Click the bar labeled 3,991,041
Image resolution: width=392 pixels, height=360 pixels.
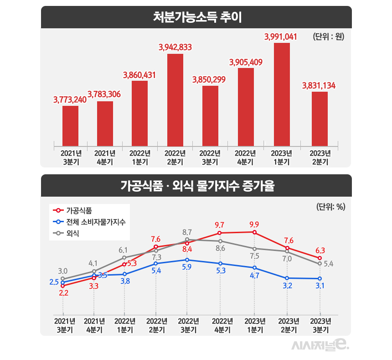pos(282,94)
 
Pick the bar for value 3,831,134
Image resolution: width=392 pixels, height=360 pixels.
pos(320,119)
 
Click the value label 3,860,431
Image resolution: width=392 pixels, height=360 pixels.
pos(140,74)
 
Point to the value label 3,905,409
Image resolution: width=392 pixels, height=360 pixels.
pos(246,62)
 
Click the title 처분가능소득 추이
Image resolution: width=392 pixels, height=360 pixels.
pos(196,18)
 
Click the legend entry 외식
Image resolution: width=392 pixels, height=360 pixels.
pos(72,234)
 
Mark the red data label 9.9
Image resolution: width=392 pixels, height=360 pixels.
pos(254,224)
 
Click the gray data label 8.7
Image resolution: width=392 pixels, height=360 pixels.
pos(187,232)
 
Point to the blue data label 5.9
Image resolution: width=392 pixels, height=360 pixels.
pos(187,267)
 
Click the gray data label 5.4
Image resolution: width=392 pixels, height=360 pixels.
pos(329,264)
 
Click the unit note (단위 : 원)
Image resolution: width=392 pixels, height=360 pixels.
pos(328,37)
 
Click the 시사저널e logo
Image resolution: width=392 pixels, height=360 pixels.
pos(320,345)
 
